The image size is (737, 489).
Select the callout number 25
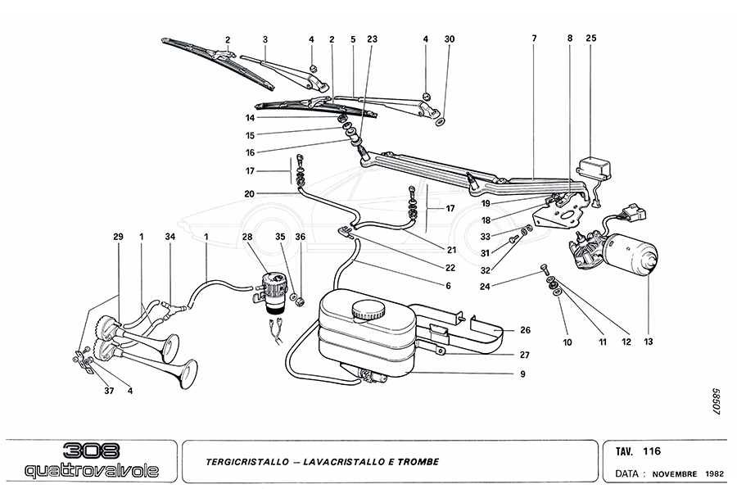pyautogui.click(x=591, y=38)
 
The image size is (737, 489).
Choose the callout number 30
pyautogui.click(x=449, y=38)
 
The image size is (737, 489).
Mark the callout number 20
pyautogui.click(x=249, y=193)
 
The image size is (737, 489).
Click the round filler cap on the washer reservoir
pyautogui.click(x=365, y=310)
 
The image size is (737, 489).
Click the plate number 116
pyautogui.click(x=652, y=451)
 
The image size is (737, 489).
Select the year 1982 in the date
pyautogui.click(x=715, y=473)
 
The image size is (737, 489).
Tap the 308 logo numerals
pyautogui.click(x=92, y=451)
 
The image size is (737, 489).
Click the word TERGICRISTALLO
pyautogui.click(x=246, y=462)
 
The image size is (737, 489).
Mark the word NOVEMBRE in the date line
pyautogui.click(x=674, y=473)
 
